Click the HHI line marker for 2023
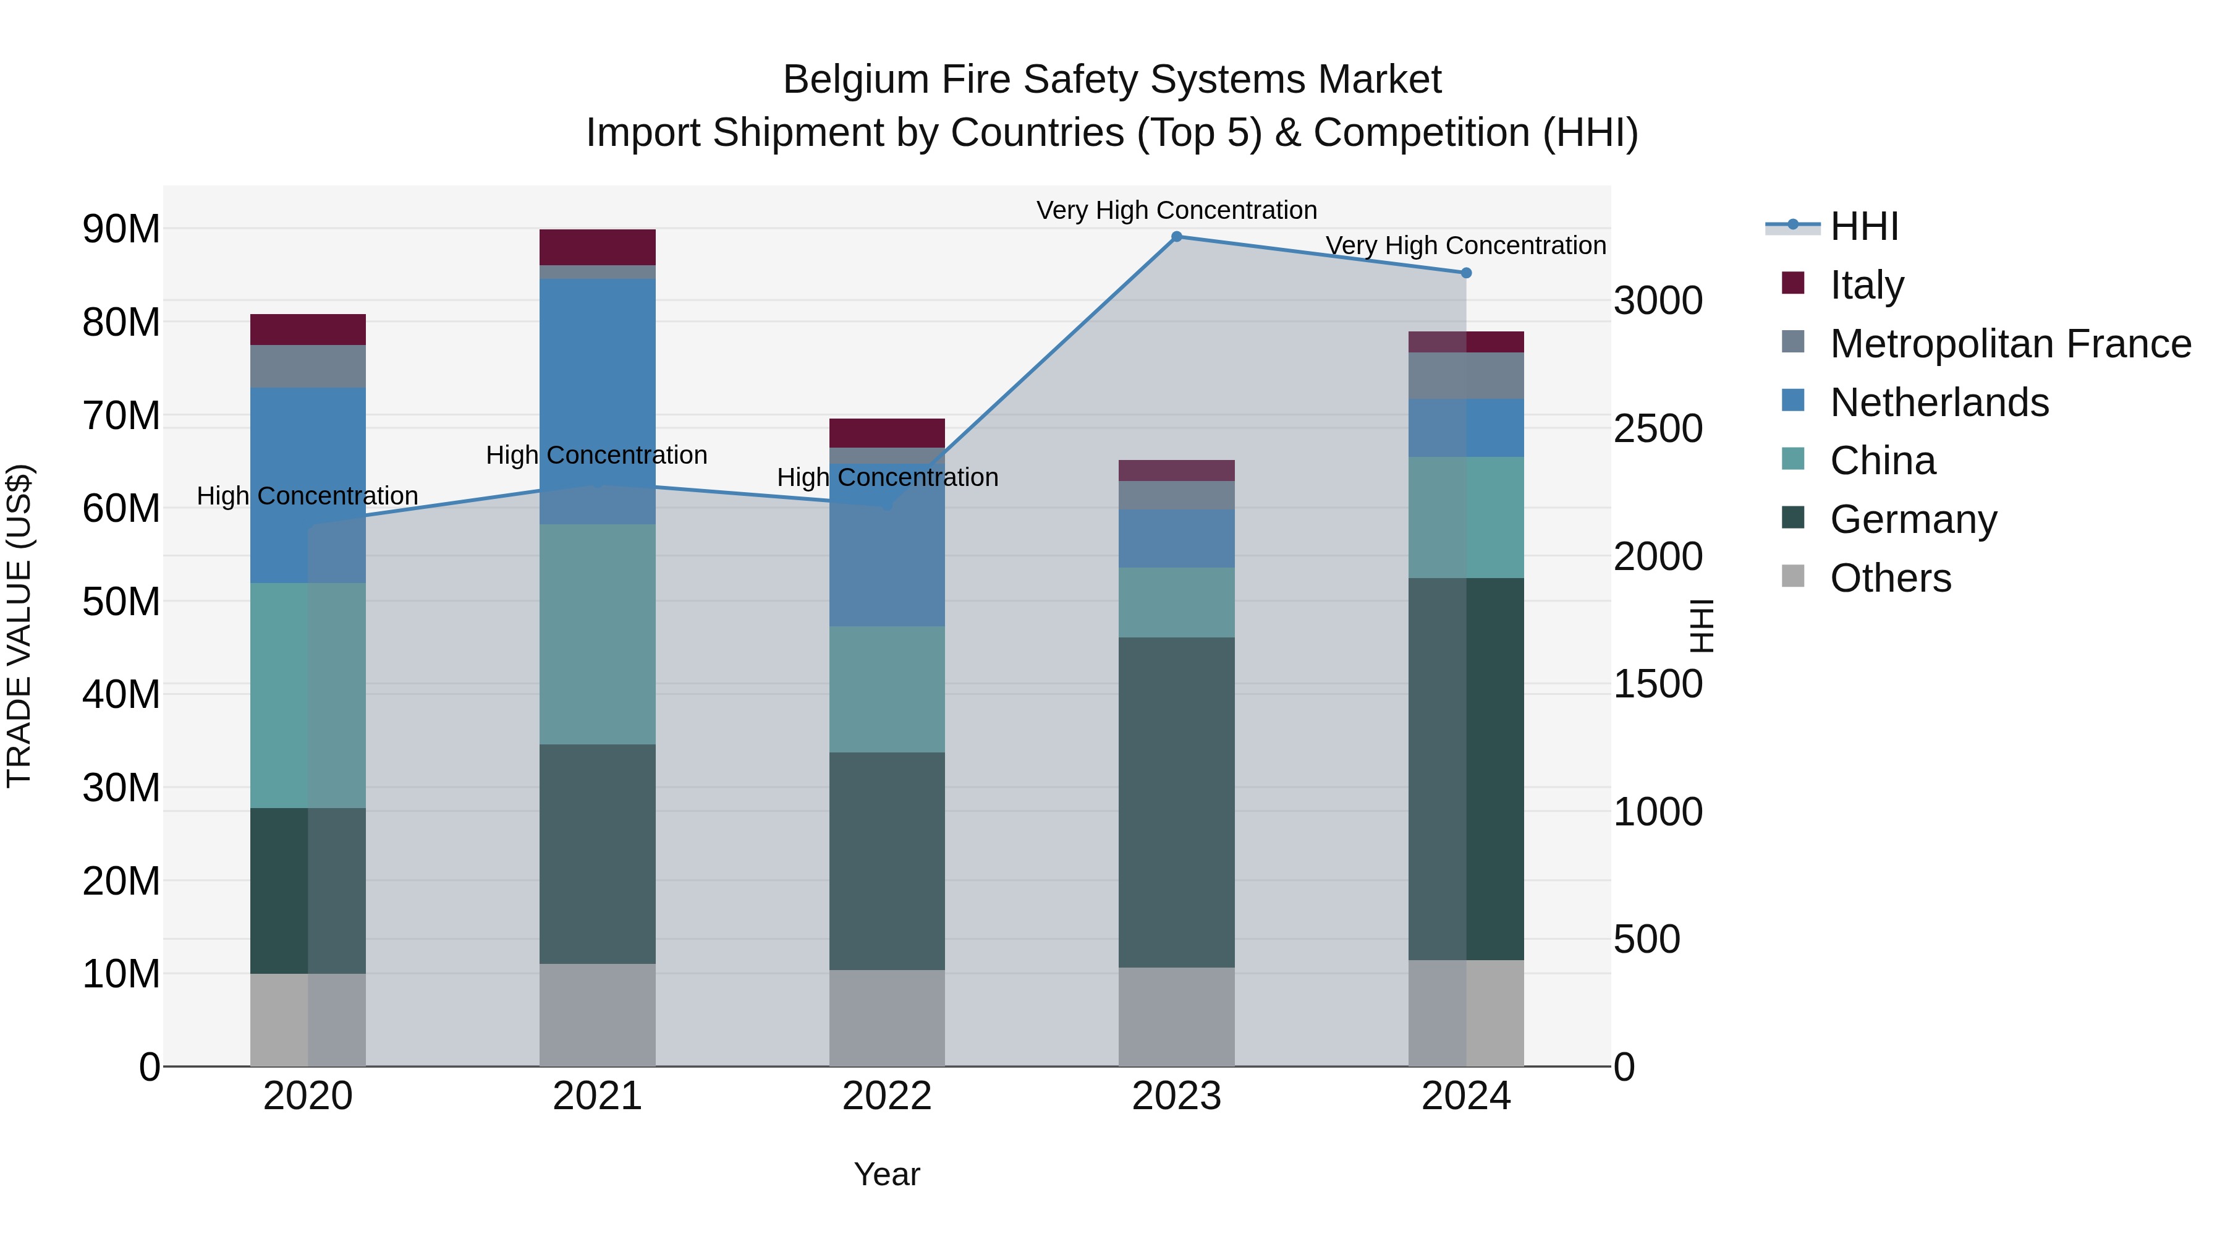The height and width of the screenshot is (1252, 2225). [1176, 236]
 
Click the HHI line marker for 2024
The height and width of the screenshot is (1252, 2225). [1466, 273]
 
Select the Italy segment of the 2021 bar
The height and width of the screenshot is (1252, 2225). [597, 247]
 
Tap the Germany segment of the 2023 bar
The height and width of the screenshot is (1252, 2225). [1176, 802]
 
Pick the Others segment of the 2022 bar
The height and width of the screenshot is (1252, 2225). [886, 1017]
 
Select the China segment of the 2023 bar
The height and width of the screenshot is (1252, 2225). [1176, 602]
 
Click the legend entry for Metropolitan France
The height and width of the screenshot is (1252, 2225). [2009, 343]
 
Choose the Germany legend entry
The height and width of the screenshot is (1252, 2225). [1912, 519]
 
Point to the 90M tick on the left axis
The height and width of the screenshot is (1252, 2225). [121, 229]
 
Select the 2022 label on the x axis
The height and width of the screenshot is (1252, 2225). [886, 1096]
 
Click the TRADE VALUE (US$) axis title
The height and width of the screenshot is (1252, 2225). [19, 626]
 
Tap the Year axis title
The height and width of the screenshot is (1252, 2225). [886, 1174]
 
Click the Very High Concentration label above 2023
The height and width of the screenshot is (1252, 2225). [1176, 210]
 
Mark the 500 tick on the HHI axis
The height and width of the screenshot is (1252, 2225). [1646, 939]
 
